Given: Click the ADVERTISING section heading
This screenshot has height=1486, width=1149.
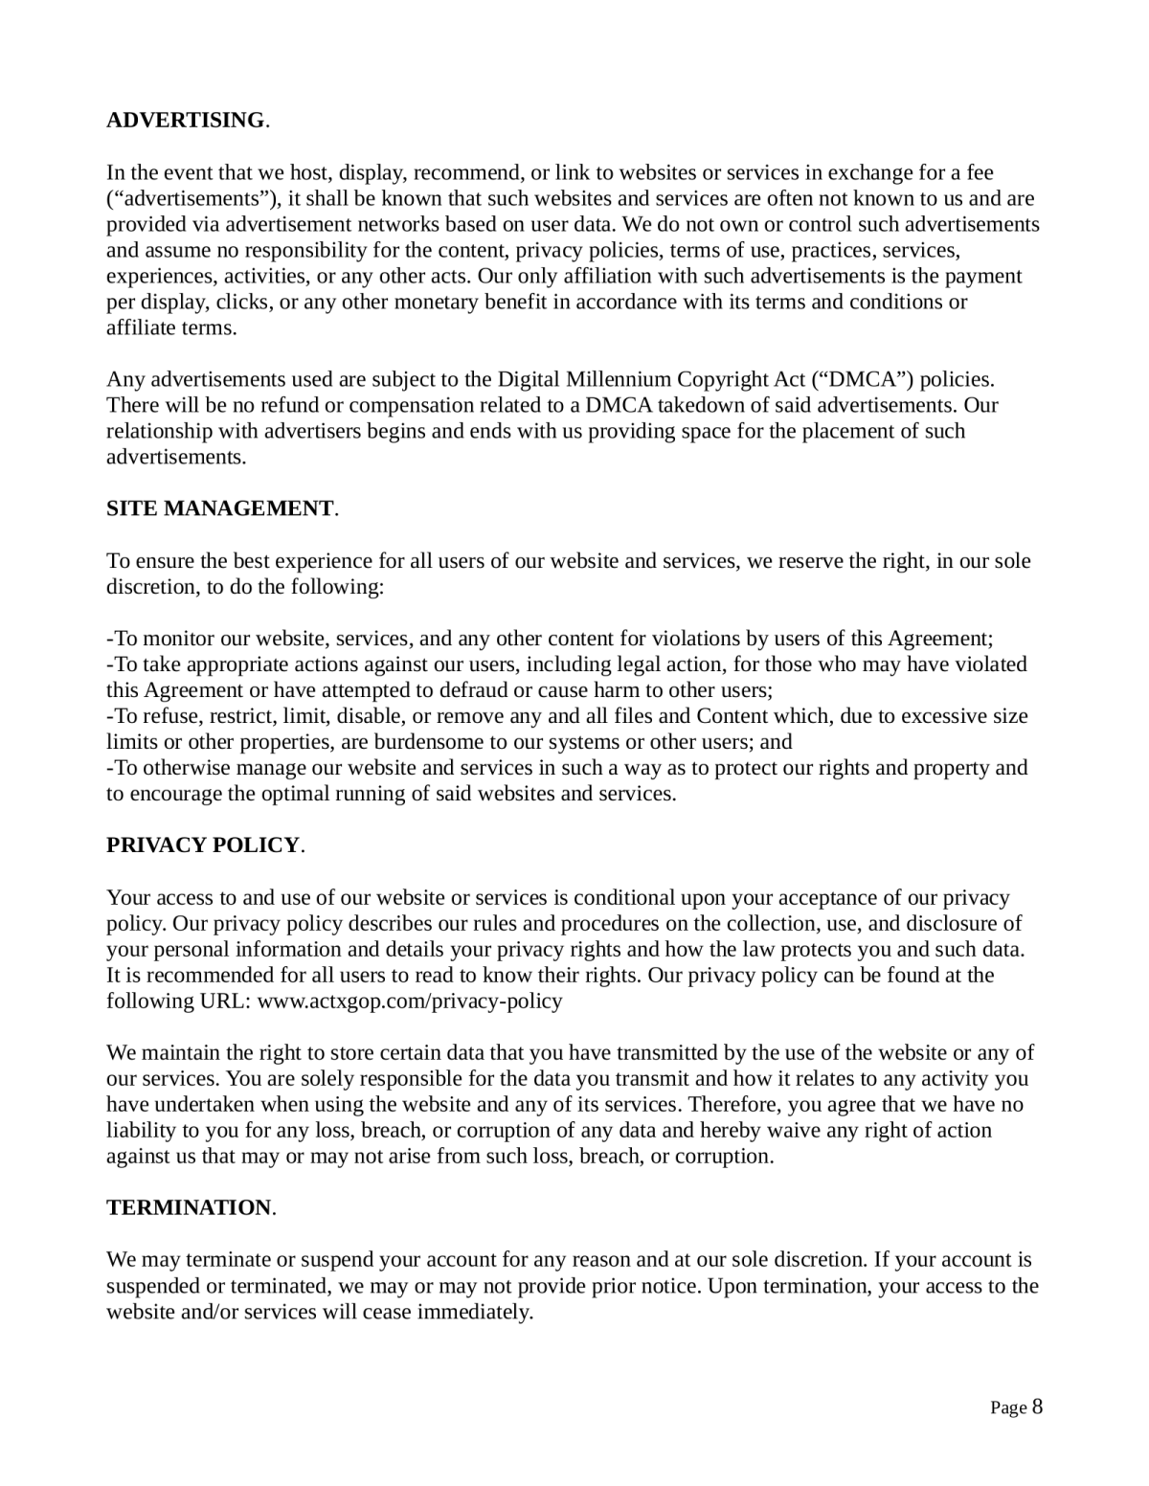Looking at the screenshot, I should (186, 121).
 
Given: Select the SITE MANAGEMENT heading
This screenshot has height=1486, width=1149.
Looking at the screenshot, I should (220, 508).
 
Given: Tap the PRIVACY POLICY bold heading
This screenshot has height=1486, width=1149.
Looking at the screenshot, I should (203, 845).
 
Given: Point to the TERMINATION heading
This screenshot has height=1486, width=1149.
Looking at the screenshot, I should (189, 1208).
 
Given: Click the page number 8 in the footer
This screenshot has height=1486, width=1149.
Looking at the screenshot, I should (1037, 1407).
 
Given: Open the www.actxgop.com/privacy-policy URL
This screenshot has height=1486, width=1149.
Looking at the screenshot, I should (411, 1002).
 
